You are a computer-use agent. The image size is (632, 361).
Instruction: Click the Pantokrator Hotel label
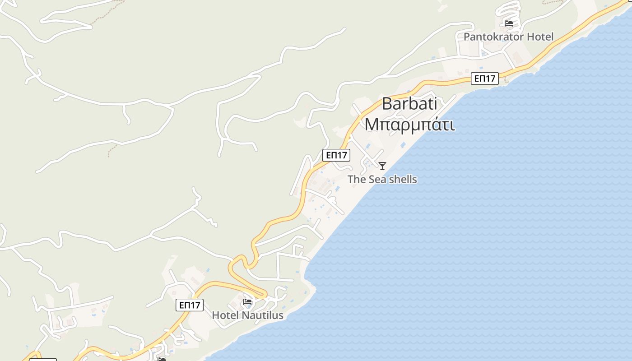(508, 37)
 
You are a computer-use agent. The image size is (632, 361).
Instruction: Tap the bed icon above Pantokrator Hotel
(509, 23)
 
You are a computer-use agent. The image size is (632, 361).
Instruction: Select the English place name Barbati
(409, 104)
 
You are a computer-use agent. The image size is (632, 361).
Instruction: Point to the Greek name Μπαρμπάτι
(409, 124)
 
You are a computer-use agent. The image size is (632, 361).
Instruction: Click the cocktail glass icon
(382, 166)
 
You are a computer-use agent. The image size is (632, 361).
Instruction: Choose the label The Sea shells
(382, 179)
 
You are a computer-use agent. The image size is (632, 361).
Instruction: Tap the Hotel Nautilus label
(247, 315)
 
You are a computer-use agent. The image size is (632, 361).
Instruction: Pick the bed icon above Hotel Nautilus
(247, 302)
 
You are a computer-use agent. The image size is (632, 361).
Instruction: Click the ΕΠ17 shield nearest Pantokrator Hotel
(485, 79)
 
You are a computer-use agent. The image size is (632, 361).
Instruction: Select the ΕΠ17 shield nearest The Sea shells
(336, 155)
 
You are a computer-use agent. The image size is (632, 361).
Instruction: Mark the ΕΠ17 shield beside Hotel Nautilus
(190, 305)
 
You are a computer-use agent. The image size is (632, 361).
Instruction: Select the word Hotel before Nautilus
(224, 315)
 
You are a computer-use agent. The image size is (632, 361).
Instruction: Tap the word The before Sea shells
(357, 179)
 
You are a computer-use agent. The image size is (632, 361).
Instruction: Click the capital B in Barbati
(388, 104)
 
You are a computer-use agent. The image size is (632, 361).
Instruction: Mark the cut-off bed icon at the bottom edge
(162, 359)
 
